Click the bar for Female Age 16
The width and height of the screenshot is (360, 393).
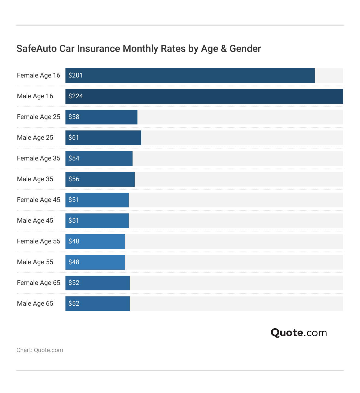[190, 76]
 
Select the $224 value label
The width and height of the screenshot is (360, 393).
[76, 96]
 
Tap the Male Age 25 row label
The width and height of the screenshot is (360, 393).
[35, 138]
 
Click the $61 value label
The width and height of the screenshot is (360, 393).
[74, 138]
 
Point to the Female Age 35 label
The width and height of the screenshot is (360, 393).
[38, 158]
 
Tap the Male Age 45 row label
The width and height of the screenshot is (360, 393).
[35, 221]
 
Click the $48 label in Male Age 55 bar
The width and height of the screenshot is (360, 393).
[74, 262]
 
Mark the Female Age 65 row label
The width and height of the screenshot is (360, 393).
[38, 283]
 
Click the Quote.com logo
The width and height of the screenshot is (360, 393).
[299, 333]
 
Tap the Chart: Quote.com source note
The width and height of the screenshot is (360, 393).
[40, 350]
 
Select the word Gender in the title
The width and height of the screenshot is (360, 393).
[245, 49]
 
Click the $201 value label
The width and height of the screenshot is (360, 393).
[76, 75]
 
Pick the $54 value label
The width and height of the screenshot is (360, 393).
[74, 158]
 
